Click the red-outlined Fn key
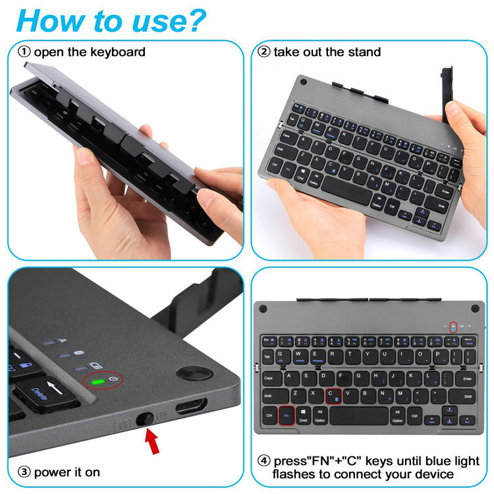(x=286, y=416)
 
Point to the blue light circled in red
(x=453, y=327)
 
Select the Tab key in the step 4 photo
(x=267, y=357)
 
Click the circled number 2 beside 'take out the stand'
(x=263, y=51)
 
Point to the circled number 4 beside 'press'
(x=263, y=461)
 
